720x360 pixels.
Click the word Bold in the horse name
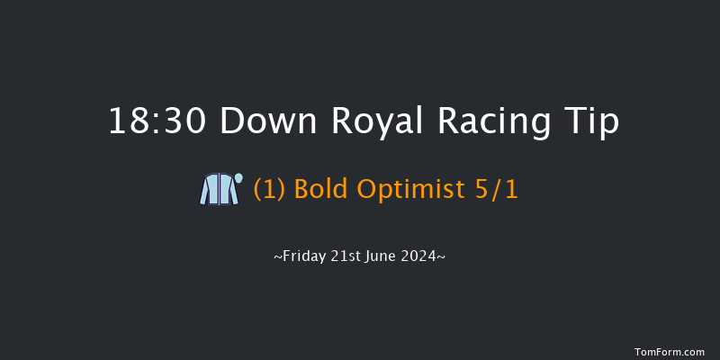(x=318, y=191)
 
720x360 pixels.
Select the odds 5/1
(x=497, y=191)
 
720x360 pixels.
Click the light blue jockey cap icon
(x=238, y=177)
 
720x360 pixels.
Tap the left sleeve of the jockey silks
(x=204, y=192)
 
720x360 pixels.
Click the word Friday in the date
(x=303, y=256)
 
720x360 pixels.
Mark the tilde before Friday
(x=277, y=256)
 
